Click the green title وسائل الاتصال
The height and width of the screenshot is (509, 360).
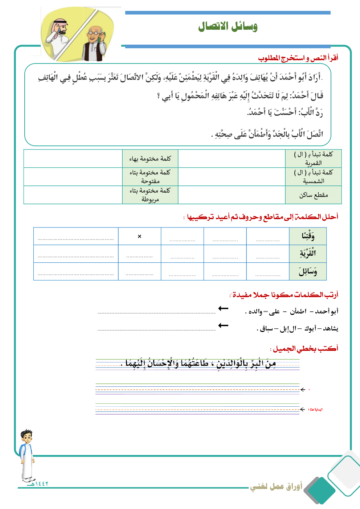tap(228, 26)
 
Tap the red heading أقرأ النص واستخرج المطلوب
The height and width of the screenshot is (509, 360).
tap(298, 58)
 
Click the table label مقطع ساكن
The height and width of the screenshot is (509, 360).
tap(314, 195)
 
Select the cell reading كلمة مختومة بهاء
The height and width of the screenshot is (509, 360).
tap(150, 159)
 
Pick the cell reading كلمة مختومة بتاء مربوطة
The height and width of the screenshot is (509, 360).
tap(150, 195)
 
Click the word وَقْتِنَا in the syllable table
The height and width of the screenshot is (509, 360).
tap(308, 236)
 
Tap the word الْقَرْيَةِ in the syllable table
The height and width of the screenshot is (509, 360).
tap(308, 253)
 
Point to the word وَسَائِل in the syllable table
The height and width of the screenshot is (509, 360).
tap(308, 271)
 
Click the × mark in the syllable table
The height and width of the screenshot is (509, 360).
tap(139, 236)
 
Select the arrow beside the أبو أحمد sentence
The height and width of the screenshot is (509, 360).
tap(223, 308)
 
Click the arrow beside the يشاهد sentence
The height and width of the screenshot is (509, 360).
tap(223, 325)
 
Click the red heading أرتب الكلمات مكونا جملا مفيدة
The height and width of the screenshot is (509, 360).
tap(284, 295)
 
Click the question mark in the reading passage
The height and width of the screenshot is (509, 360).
tap(159, 96)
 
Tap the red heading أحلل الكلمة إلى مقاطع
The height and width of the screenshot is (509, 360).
tap(262, 217)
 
